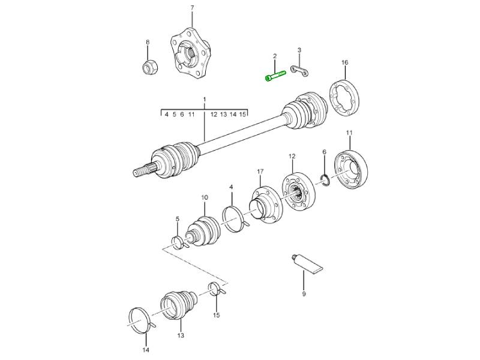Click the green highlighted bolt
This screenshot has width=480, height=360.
coord(275,76)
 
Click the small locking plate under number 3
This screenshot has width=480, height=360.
coord(299,71)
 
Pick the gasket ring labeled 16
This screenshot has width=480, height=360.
coord(344,98)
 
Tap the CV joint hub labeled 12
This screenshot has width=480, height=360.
coord(298,193)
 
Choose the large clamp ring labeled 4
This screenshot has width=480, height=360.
coord(235,219)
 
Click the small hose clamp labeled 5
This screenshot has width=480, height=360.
coord(178,242)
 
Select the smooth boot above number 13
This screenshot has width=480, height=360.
coord(178,304)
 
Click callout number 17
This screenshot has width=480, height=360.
coord(260,172)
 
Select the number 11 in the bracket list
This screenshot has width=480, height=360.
coord(191,115)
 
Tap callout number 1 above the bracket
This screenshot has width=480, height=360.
coord(205,100)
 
